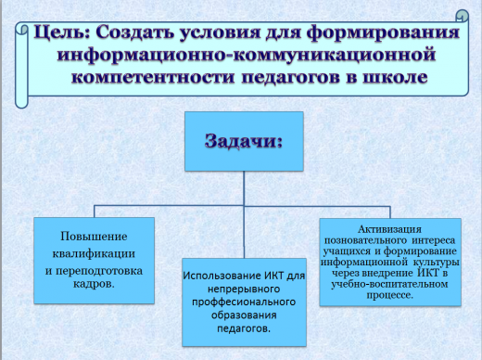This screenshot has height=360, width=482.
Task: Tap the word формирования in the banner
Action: point(393,34)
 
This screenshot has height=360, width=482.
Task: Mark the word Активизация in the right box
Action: point(388,227)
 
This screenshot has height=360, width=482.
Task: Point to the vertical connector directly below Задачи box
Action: point(242,186)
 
